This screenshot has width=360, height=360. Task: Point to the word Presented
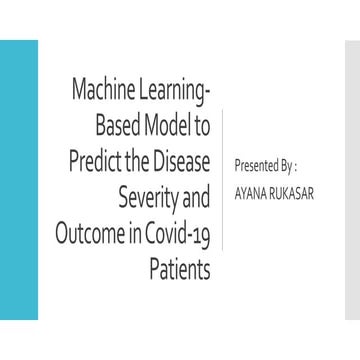tap(257, 162)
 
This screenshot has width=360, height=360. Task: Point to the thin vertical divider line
tap(222, 180)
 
